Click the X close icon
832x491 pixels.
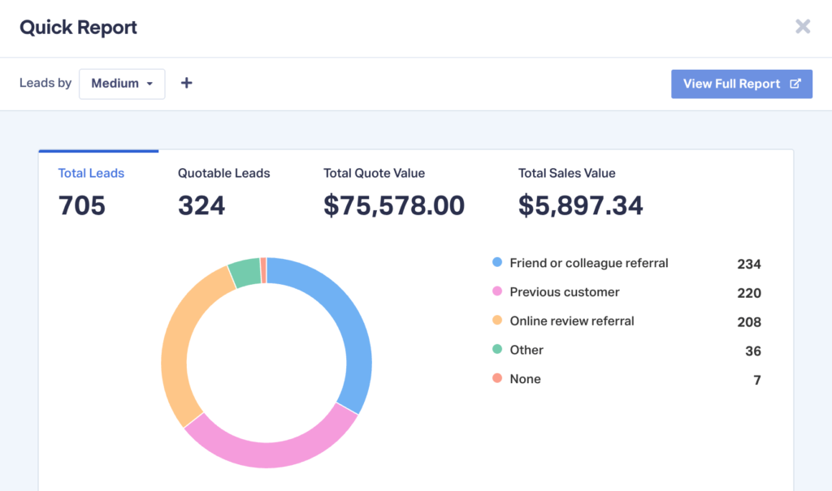[x=803, y=27]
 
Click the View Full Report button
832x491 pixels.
[x=741, y=84]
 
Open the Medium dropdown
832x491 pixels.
[x=122, y=84]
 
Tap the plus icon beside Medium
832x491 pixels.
[x=186, y=83]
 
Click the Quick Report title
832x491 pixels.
[x=78, y=27]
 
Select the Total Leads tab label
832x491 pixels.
[x=91, y=173]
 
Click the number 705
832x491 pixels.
[x=82, y=205]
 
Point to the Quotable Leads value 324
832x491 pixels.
[x=201, y=205]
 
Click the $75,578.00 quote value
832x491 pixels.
[x=394, y=205]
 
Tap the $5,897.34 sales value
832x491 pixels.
[x=580, y=205]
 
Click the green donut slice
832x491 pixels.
[x=244, y=273]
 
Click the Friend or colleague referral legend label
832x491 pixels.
[x=589, y=263]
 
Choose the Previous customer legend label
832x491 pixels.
[x=565, y=292]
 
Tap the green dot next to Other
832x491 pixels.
[x=497, y=350]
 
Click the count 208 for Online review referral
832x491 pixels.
[x=748, y=322]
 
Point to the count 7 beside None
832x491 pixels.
[x=757, y=380]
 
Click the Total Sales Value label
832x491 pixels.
[x=566, y=173]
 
